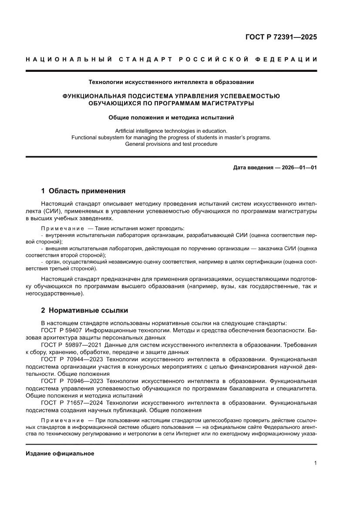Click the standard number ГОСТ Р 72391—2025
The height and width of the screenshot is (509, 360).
[x=281, y=37]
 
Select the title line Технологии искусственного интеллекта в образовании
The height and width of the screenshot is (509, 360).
[x=171, y=81]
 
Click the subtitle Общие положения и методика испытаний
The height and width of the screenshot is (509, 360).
[x=171, y=117]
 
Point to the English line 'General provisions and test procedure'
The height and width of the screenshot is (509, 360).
[x=171, y=144]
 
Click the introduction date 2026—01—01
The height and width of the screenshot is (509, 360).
[x=299, y=167]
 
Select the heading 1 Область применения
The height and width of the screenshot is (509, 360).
[x=83, y=191]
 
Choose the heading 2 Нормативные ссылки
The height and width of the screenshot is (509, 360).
[x=84, y=310]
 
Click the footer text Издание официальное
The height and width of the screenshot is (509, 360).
[x=60, y=454]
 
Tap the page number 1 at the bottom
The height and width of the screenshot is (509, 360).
[x=315, y=463]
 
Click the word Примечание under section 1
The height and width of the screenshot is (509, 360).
[x=62, y=229]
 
